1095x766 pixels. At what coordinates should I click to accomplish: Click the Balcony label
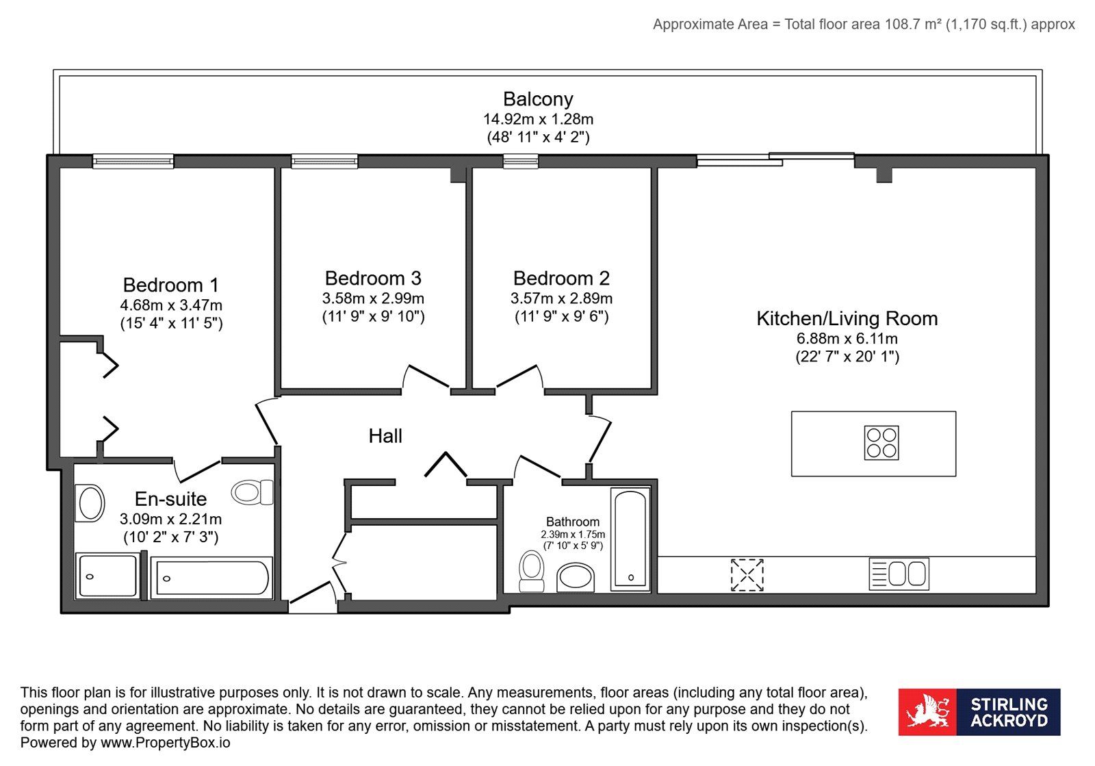coord(538,99)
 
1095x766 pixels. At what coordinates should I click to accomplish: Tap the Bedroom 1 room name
coord(170,285)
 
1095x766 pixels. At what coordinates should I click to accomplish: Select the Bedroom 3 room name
coord(373,278)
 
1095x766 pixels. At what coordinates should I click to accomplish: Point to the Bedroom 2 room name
coord(561,278)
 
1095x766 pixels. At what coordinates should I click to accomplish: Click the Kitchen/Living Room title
coord(847,319)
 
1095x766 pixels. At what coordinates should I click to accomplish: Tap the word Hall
coord(385,436)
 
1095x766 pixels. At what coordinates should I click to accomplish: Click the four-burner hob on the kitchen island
coord(881,443)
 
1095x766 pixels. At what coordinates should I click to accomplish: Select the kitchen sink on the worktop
coord(899,574)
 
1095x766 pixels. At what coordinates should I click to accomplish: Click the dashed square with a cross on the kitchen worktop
coord(747,575)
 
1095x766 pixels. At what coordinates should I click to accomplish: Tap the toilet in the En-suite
coord(253,491)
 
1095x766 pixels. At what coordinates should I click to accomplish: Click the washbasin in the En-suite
coord(90,503)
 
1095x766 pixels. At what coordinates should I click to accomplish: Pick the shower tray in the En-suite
coord(107,575)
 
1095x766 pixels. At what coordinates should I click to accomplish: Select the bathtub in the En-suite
coord(211,578)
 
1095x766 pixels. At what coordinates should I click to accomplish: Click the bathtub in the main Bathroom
coord(630,539)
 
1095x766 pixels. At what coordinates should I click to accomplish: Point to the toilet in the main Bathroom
coord(532,571)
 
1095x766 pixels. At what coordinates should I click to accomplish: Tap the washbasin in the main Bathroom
coord(576,577)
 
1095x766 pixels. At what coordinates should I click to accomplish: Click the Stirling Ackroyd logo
coord(979,712)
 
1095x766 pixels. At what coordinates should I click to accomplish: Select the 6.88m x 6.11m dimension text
coord(847,338)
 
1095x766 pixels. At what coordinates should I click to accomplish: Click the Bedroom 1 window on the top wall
coord(133,161)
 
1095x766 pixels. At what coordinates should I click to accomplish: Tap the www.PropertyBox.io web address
coord(165,743)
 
